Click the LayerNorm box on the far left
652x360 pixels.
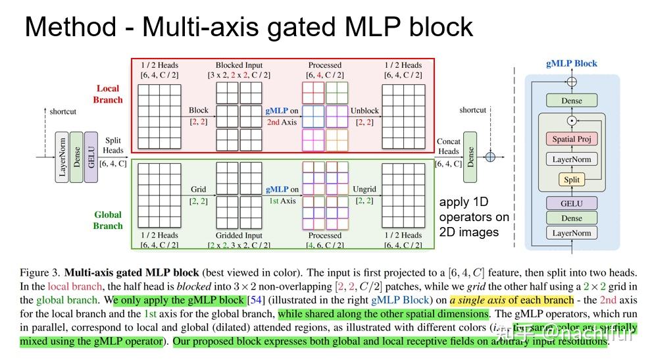(62, 157)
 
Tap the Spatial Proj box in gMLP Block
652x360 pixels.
(571, 140)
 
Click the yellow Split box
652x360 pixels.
(571, 180)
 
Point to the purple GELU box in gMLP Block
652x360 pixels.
(571, 203)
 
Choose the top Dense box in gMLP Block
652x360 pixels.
(571, 101)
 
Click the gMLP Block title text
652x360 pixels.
(572, 63)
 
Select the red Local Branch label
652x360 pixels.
(108, 94)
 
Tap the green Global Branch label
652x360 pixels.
(108, 220)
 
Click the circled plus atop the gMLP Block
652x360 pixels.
(571, 82)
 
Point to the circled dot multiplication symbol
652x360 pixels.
(571, 120)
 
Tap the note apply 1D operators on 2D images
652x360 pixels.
(474, 217)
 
